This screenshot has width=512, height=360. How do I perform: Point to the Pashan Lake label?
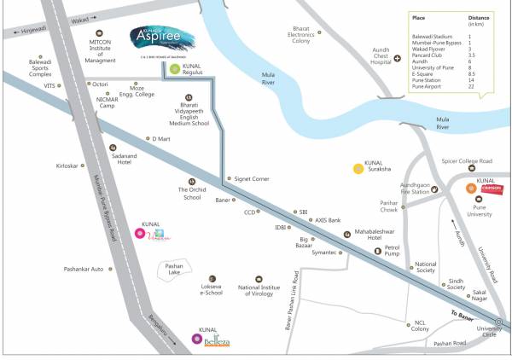[x=174, y=270]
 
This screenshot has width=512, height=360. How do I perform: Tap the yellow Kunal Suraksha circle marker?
[x=359, y=168]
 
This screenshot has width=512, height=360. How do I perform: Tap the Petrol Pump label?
[x=392, y=250]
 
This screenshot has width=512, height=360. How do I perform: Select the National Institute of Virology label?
[x=259, y=292]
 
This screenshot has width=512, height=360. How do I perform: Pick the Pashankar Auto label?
[x=84, y=269]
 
